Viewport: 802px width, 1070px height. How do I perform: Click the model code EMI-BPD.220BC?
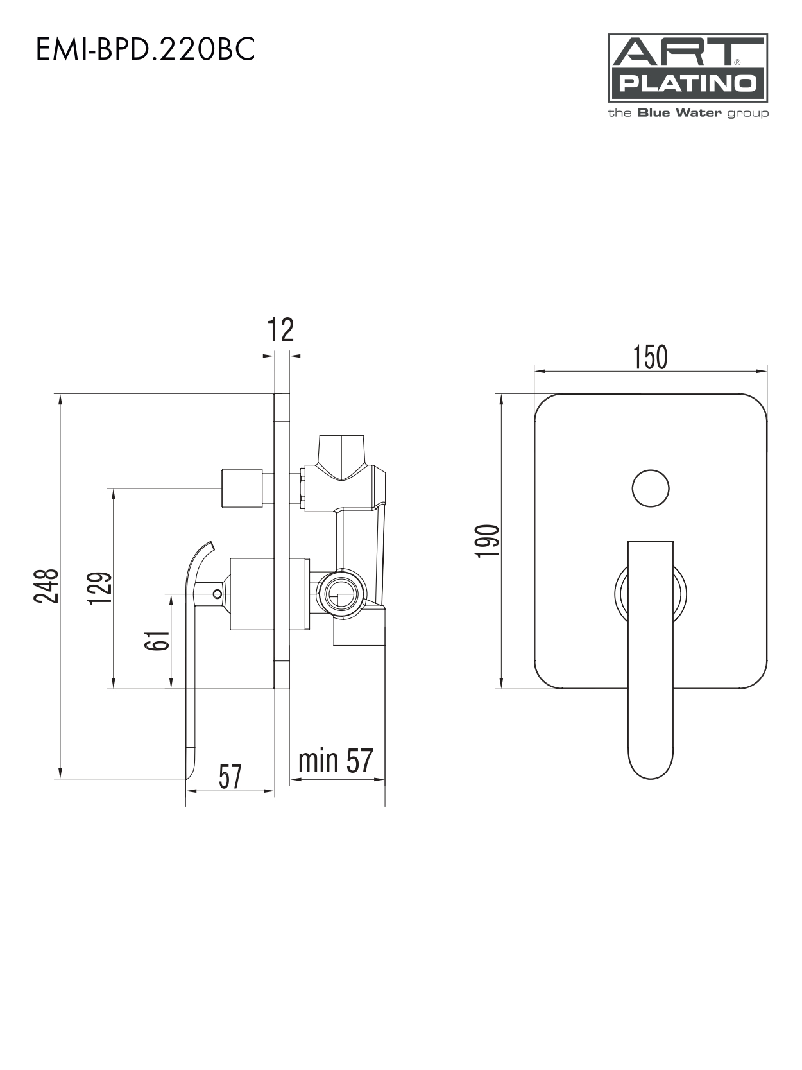145,49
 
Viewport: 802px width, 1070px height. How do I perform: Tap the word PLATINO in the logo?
688,84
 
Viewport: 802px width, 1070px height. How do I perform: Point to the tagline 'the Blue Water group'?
688,114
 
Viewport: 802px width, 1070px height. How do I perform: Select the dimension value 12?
280,330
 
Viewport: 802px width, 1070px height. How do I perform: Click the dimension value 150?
650,358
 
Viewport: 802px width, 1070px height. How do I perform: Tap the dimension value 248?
46,586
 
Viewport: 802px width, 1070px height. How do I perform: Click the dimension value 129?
100,589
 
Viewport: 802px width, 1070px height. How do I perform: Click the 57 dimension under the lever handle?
230,777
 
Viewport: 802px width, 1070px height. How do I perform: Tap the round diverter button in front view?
651,488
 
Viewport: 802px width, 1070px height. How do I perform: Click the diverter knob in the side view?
242,488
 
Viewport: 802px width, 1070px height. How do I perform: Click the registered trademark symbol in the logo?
737,62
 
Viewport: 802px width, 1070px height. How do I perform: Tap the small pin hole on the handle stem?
217,594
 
